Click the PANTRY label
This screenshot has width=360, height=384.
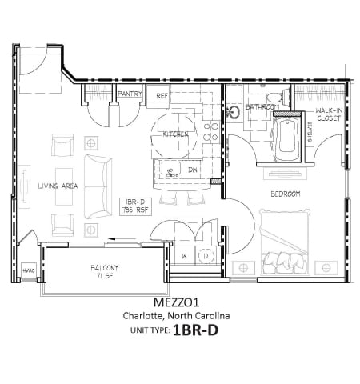pos(130,94)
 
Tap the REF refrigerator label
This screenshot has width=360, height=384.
pos(162,95)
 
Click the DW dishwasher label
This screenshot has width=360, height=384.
pos(193,170)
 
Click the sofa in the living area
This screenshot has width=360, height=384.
pos(98,186)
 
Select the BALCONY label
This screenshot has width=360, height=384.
pos(104,267)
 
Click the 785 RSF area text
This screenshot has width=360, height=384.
pos(133,210)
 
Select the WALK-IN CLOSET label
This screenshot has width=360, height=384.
pos(329,114)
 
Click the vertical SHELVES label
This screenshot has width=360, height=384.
pos(309,133)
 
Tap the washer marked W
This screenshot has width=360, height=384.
pos(184,255)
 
